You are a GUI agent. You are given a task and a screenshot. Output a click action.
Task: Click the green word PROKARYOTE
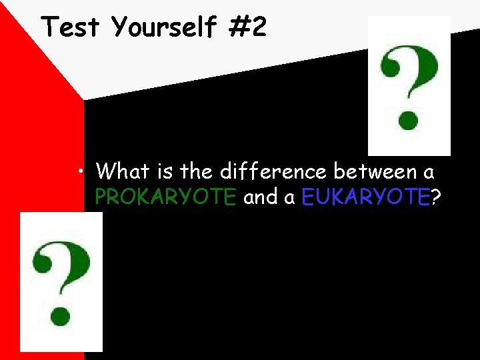(x=165, y=197)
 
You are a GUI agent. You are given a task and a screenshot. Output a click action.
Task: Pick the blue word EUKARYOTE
(x=364, y=197)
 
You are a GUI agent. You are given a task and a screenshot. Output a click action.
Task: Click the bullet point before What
(x=80, y=172)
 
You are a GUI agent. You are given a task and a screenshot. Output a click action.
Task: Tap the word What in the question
(x=123, y=171)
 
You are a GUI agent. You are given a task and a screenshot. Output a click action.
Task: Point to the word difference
(x=273, y=171)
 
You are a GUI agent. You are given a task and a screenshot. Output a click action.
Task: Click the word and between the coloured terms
(x=261, y=197)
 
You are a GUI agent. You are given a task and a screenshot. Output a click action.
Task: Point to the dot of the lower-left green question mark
(x=61, y=314)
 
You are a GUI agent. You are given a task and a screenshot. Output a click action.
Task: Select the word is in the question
(x=165, y=171)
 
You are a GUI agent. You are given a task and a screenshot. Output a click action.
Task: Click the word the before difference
(x=196, y=171)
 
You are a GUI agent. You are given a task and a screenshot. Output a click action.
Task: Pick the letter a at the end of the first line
(x=429, y=173)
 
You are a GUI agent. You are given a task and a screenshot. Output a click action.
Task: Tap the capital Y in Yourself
(x=121, y=27)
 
